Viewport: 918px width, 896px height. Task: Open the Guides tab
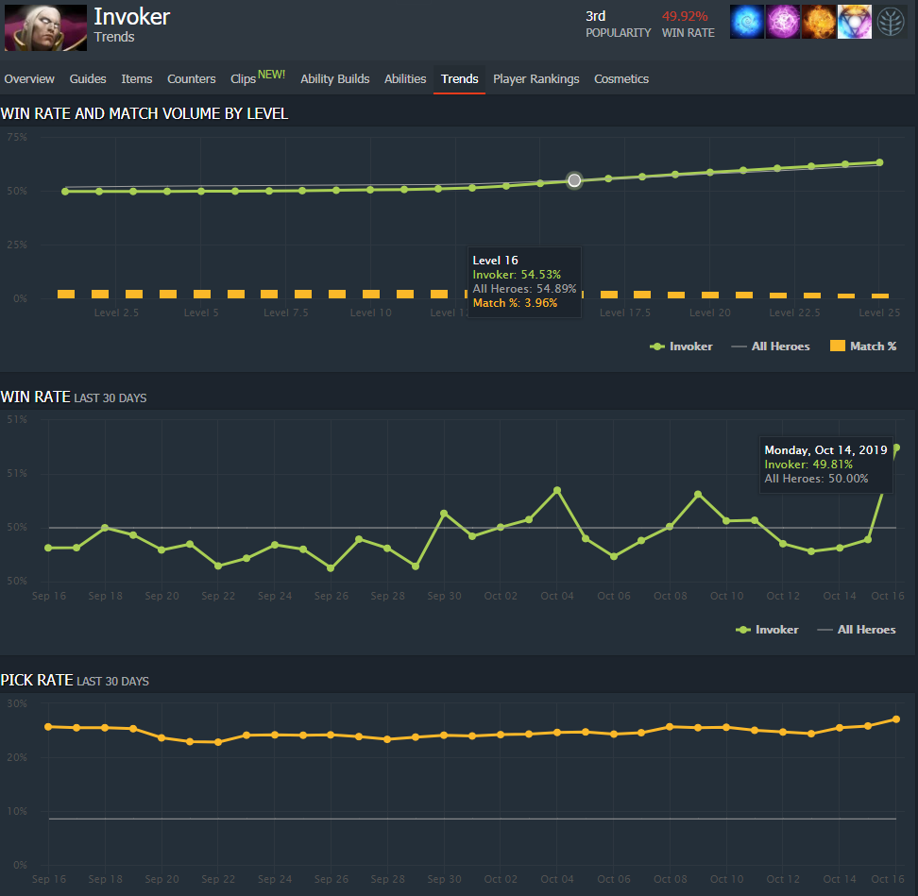click(x=88, y=79)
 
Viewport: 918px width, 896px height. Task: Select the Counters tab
click(x=191, y=79)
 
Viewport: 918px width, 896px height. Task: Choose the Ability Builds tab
click(x=334, y=79)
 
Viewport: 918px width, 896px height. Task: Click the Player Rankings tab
click(x=535, y=79)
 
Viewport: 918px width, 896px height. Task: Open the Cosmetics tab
click(x=621, y=79)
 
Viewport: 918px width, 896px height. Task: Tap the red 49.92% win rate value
click(x=685, y=16)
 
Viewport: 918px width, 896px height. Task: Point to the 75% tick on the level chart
click(x=17, y=138)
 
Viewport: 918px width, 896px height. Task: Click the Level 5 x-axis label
click(x=201, y=313)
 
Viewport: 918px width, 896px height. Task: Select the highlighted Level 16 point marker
click(x=574, y=180)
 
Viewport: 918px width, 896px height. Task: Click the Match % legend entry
click(x=863, y=347)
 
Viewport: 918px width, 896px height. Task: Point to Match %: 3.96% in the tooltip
click(x=515, y=303)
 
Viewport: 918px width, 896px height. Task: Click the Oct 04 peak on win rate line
click(x=557, y=490)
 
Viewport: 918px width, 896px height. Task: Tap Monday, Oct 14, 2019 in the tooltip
click(x=825, y=450)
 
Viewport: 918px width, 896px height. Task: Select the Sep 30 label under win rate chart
click(x=444, y=596)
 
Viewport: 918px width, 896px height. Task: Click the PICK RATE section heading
click(x=36, y=680)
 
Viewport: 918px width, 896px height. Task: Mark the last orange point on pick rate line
click(x=895, y=719)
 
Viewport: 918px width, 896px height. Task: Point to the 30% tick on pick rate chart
click(x=17, y=704)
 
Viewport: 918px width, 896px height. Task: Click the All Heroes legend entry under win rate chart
click(x=866, y=630)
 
